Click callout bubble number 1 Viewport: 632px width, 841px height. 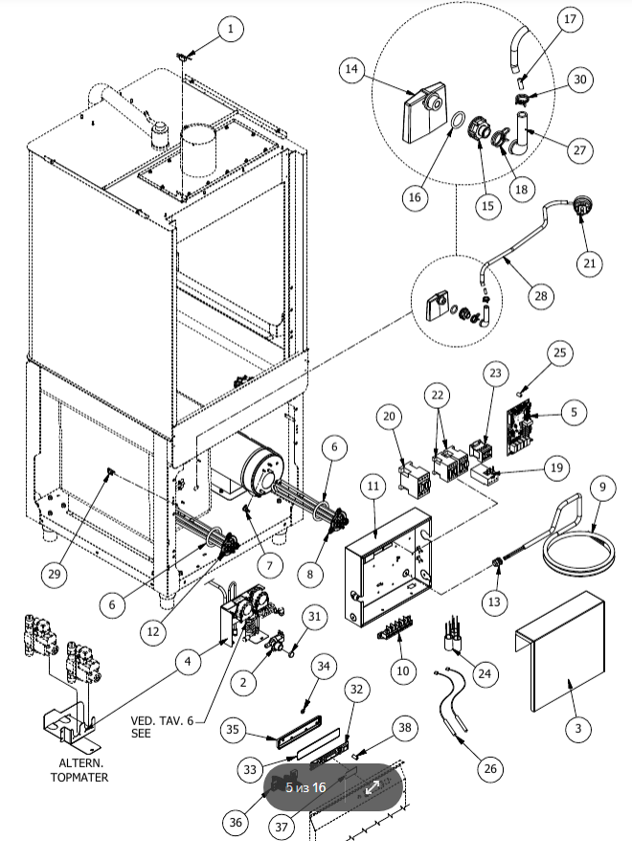230,30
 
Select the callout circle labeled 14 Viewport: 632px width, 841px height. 351,69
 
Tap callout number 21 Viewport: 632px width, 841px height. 590,261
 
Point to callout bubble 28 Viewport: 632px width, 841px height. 543,296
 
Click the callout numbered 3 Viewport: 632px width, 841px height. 576,730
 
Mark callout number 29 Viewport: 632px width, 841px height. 56,575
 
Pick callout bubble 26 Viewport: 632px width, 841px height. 490,767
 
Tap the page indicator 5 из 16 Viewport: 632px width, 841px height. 305,787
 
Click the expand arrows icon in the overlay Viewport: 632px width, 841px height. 372,787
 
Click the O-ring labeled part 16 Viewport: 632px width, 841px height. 458,124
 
